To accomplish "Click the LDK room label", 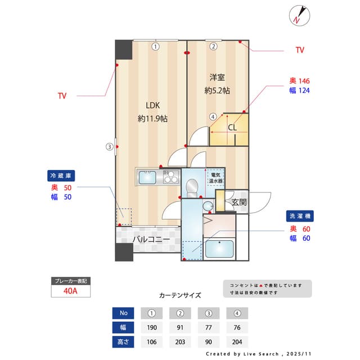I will coord(152,105).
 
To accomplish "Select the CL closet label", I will coord(232,127).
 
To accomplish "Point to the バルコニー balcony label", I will coord(151,240).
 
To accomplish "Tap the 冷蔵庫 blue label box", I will coord(61,175).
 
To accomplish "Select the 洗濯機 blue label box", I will coord(299,217).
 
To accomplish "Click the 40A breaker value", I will coord(70,291).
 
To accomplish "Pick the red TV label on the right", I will coord(300,50).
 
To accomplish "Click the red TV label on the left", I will coord(62,96).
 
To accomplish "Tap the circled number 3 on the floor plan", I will coord(110,147).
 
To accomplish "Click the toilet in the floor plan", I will coord(192,187).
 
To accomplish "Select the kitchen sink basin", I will coord(148,178).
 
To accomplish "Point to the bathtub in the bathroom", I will coord(219,248).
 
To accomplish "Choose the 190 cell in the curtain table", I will coord(151,327).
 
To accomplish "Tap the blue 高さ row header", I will coord(124,341).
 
